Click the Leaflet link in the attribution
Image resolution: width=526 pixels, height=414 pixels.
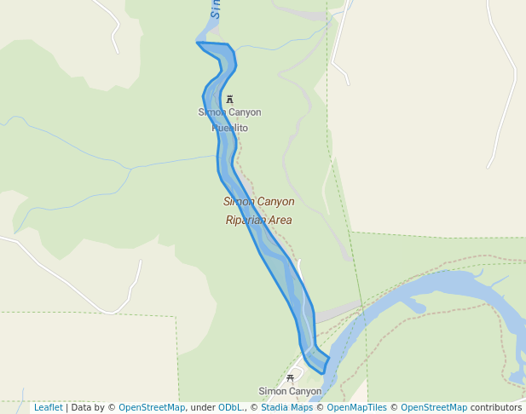pos(48,408)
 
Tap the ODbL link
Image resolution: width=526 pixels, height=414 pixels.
pos(230,408)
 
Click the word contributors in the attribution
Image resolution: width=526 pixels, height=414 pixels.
pos(496,408)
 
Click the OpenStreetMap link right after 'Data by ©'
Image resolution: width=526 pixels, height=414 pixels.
pos(152,408)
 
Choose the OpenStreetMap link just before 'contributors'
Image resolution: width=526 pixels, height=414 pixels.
pos(434,408)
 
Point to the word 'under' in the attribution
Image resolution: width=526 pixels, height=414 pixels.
pos(202,408)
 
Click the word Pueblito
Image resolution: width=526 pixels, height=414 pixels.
pos(230,128)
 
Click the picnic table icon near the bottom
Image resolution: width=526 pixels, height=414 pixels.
pos(291,377)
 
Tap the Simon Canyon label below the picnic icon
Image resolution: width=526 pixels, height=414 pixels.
pos(290,392)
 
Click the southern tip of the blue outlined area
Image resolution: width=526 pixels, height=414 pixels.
pos(322,372)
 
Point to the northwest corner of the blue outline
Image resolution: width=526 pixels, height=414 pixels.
pos(198,43)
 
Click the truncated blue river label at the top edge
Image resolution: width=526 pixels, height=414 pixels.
pos(217,9)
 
